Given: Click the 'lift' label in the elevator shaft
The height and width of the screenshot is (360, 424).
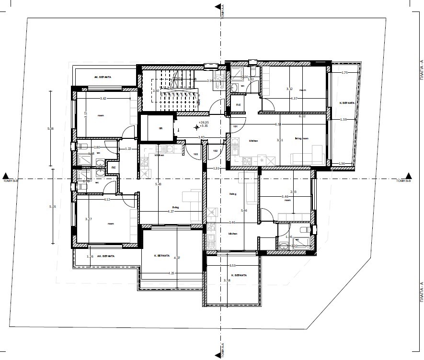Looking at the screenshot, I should (161, 128).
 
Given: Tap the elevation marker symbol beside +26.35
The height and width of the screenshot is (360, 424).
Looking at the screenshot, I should (196, 127).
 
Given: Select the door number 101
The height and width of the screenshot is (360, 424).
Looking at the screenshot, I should (235, 127).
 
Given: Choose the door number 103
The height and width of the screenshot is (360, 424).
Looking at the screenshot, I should (195, 154).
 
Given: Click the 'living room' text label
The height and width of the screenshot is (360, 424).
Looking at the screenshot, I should (301, 138).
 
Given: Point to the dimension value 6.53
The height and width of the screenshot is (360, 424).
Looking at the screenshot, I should (277, 124).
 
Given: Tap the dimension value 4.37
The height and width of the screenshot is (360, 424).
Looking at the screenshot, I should (295, 99).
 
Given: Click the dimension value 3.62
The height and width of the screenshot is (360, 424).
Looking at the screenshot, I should (103, 99).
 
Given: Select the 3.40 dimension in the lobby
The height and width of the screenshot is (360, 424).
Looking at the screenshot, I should (202, 137).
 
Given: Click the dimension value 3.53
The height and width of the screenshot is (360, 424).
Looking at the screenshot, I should (232, 265).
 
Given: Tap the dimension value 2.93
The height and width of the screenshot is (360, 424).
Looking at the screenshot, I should (294, 191).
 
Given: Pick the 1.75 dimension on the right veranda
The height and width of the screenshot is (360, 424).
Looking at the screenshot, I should (344, 72).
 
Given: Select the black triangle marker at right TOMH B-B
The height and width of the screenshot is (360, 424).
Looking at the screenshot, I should (409, 176).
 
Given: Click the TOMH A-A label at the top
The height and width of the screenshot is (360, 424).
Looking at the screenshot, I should (223, 10).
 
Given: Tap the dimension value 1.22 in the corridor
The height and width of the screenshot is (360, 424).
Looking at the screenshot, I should (128, 149).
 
